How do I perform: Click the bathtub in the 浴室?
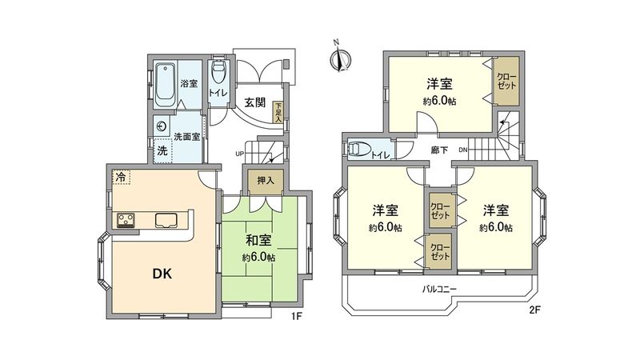pos(165,83)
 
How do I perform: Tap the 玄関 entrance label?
pos(256,102)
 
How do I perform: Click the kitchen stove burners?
pos(126,220)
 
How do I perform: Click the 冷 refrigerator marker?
pos(120,176)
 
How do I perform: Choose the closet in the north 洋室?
pos(506,81)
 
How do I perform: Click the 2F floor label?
pos(534,309)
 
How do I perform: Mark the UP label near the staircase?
pos(239,154)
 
